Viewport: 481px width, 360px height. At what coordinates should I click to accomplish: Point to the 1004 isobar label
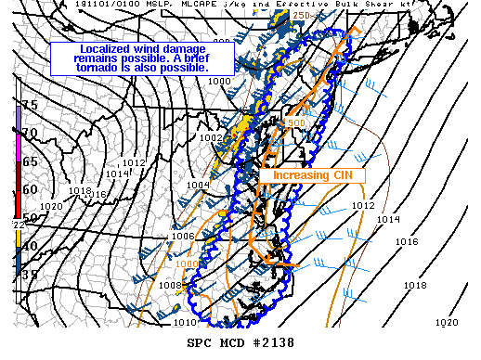point(198,185)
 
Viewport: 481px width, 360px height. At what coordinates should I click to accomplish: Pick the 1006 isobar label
point(183,236)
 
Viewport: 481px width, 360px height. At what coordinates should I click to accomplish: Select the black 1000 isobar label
point(220,82)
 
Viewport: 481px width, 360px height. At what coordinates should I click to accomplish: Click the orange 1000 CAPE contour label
point(188,264)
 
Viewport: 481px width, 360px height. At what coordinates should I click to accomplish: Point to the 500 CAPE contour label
point(295,122)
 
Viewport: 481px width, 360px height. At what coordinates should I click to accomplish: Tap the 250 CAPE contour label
point(301,16)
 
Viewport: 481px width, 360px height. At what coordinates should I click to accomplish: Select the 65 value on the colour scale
point(30,161)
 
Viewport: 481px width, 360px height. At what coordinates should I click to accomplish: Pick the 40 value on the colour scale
point(30,245)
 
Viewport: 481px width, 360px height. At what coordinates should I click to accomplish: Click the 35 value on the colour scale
point(30,274)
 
